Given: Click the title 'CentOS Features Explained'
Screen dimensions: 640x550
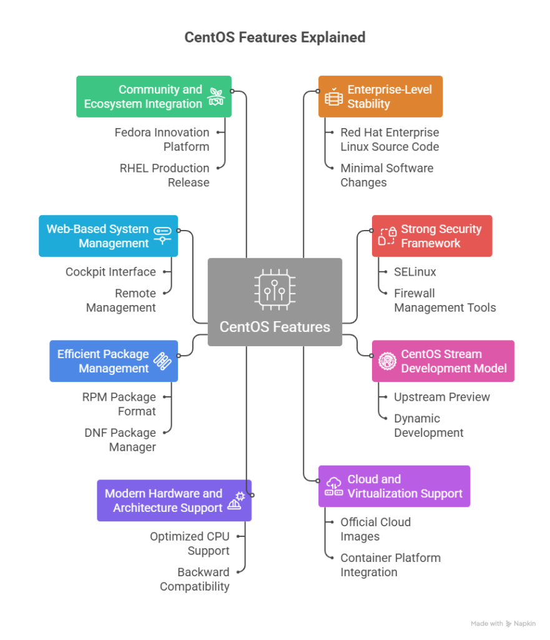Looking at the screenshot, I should (275, 37).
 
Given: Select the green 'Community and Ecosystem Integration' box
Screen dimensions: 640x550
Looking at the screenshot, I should (154, 97).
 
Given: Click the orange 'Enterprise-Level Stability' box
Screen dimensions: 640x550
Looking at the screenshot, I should (380, 97).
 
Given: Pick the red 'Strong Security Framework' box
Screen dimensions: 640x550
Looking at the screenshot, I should (432, 236).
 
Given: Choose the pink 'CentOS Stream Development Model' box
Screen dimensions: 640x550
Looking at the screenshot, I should (443, 361).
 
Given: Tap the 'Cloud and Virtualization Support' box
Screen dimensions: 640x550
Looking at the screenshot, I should (394, 486).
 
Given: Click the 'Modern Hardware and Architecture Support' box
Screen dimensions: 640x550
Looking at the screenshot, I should (174, 501).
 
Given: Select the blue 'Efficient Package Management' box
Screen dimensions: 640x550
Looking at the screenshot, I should (114, 361).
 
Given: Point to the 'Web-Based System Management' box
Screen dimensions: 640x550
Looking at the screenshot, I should (108, 236).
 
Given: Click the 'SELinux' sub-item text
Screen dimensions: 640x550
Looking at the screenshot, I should (415, 272).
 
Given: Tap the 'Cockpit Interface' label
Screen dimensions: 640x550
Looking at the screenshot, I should (110, 272).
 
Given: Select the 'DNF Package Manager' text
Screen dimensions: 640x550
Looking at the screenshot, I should (120, 439).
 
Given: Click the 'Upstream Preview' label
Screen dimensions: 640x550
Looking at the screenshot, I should (441, 397).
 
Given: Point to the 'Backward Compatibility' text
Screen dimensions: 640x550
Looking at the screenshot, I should (194, 579).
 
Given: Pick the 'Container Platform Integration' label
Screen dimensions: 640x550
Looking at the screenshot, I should (390, 564).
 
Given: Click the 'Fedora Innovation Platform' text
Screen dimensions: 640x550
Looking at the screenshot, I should (162, 139).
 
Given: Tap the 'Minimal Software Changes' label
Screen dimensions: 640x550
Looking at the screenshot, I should (386, 175).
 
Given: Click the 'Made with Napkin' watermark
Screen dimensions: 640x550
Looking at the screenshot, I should (503, 623).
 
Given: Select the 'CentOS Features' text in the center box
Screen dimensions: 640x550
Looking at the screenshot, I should (275, 327).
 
